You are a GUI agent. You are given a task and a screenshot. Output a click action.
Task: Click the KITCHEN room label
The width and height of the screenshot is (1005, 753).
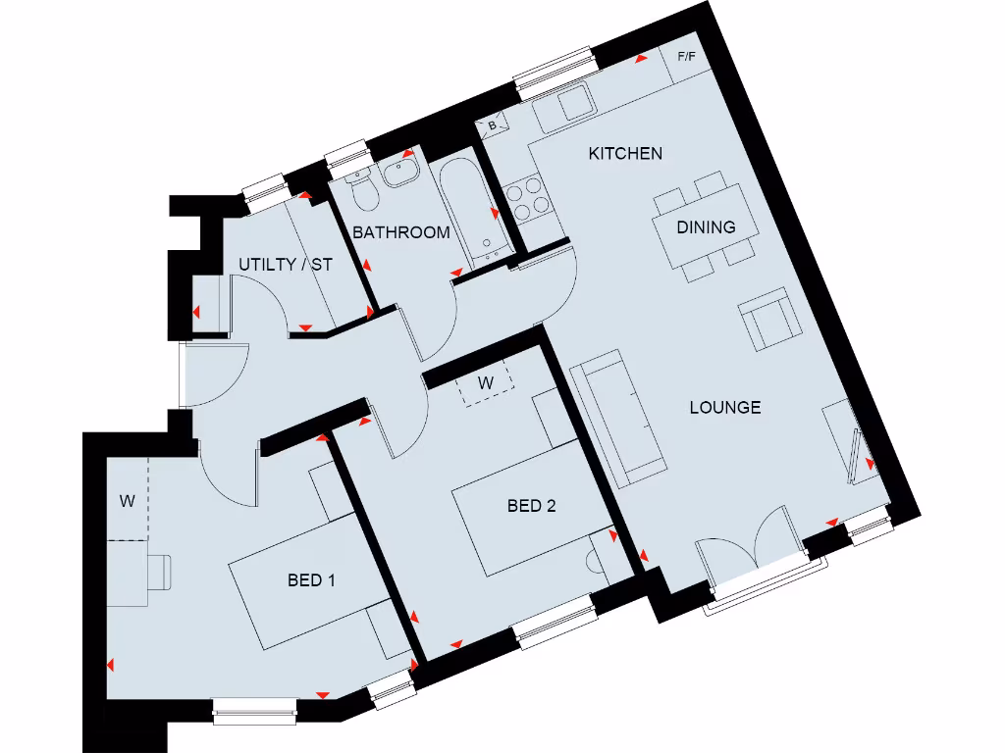point(625,153)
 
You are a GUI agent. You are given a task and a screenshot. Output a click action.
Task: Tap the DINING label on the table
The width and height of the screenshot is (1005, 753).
point(706,227)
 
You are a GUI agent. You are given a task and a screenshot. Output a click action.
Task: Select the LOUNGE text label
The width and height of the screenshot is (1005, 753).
point(725,408)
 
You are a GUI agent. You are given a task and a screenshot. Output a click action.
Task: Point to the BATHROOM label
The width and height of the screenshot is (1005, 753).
point(401,233)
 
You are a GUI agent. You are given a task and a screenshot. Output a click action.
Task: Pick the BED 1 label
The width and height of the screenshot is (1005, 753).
point(311,580)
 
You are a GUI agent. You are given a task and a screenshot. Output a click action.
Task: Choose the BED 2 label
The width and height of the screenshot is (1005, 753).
point(531,506)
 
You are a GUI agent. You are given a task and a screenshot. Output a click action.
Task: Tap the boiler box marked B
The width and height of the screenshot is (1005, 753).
point(493,125)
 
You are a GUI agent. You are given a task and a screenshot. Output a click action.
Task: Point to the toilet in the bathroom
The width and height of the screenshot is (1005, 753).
point(365,193)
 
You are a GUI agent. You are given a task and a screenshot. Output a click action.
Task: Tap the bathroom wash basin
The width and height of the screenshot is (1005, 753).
point(401,174)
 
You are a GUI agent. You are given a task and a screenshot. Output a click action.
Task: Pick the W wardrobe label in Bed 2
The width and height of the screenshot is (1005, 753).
point(485,383)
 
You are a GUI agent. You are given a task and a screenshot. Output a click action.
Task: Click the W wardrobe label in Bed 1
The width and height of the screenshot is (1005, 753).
point(127,501)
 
